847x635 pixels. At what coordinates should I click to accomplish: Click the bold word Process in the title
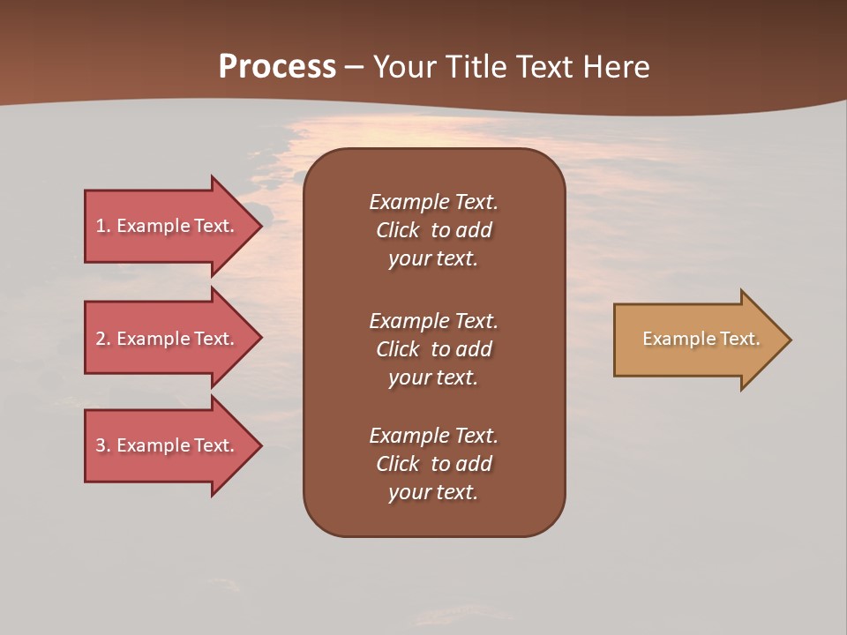(277, 67)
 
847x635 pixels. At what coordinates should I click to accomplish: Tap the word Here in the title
(615, 67)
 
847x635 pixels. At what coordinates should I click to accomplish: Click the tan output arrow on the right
(697, 340)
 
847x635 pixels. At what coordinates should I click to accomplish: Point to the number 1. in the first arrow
(103, 226)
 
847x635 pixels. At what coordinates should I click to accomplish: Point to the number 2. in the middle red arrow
(103, 339)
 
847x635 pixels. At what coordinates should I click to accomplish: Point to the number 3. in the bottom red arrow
(103, 445)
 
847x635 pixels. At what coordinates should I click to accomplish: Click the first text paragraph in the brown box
(433, 230)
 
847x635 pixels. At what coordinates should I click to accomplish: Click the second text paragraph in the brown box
(433, 349)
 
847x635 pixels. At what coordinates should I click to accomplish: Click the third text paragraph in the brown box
(433, 464)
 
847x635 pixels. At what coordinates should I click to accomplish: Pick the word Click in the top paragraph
(397, 230)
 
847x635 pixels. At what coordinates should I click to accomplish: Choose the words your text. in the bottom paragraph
(433, 492)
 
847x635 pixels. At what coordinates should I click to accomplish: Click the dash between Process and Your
(354, 68)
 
